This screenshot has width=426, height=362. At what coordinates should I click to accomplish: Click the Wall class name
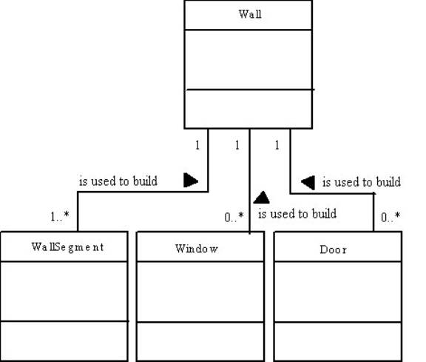(x=250, y=14)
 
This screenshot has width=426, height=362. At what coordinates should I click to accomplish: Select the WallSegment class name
(x=67, y=247)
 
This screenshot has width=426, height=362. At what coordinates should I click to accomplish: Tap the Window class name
(x=197, y=249)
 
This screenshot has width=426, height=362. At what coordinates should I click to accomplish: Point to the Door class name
(x=333, y=249)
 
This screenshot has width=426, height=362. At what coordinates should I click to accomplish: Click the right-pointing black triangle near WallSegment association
(x=191, y=180)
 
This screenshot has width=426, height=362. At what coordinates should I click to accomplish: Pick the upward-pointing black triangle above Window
(x=261, y=198)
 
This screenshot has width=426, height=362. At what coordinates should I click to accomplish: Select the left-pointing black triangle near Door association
(x=308, y=182)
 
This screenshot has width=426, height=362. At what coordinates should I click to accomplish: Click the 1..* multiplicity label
(x=60, y=216)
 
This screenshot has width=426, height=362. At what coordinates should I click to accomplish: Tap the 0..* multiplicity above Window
(x=234, y=217)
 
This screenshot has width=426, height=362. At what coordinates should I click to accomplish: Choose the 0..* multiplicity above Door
(x=390, y=217)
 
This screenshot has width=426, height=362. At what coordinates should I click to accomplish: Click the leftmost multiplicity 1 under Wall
(x=197, y=145)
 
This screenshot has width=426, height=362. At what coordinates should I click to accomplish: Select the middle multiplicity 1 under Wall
(x=237, y=145)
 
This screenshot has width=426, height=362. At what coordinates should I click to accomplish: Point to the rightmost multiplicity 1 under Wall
(x=277, y=145)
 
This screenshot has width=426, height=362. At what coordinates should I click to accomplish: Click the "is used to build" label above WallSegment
(x=118, y=181)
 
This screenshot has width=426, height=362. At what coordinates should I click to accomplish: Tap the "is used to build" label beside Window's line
(x=297, y=214)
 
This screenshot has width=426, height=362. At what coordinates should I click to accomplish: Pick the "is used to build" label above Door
(x=362, y=182)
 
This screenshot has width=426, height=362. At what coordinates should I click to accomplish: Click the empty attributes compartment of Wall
(x=248, y=59)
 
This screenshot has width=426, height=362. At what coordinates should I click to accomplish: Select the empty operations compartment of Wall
(x=248, y=109)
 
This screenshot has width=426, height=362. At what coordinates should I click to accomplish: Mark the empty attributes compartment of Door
(x=338, y=292)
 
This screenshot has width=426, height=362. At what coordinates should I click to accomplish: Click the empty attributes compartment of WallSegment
(x=64, y=291)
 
